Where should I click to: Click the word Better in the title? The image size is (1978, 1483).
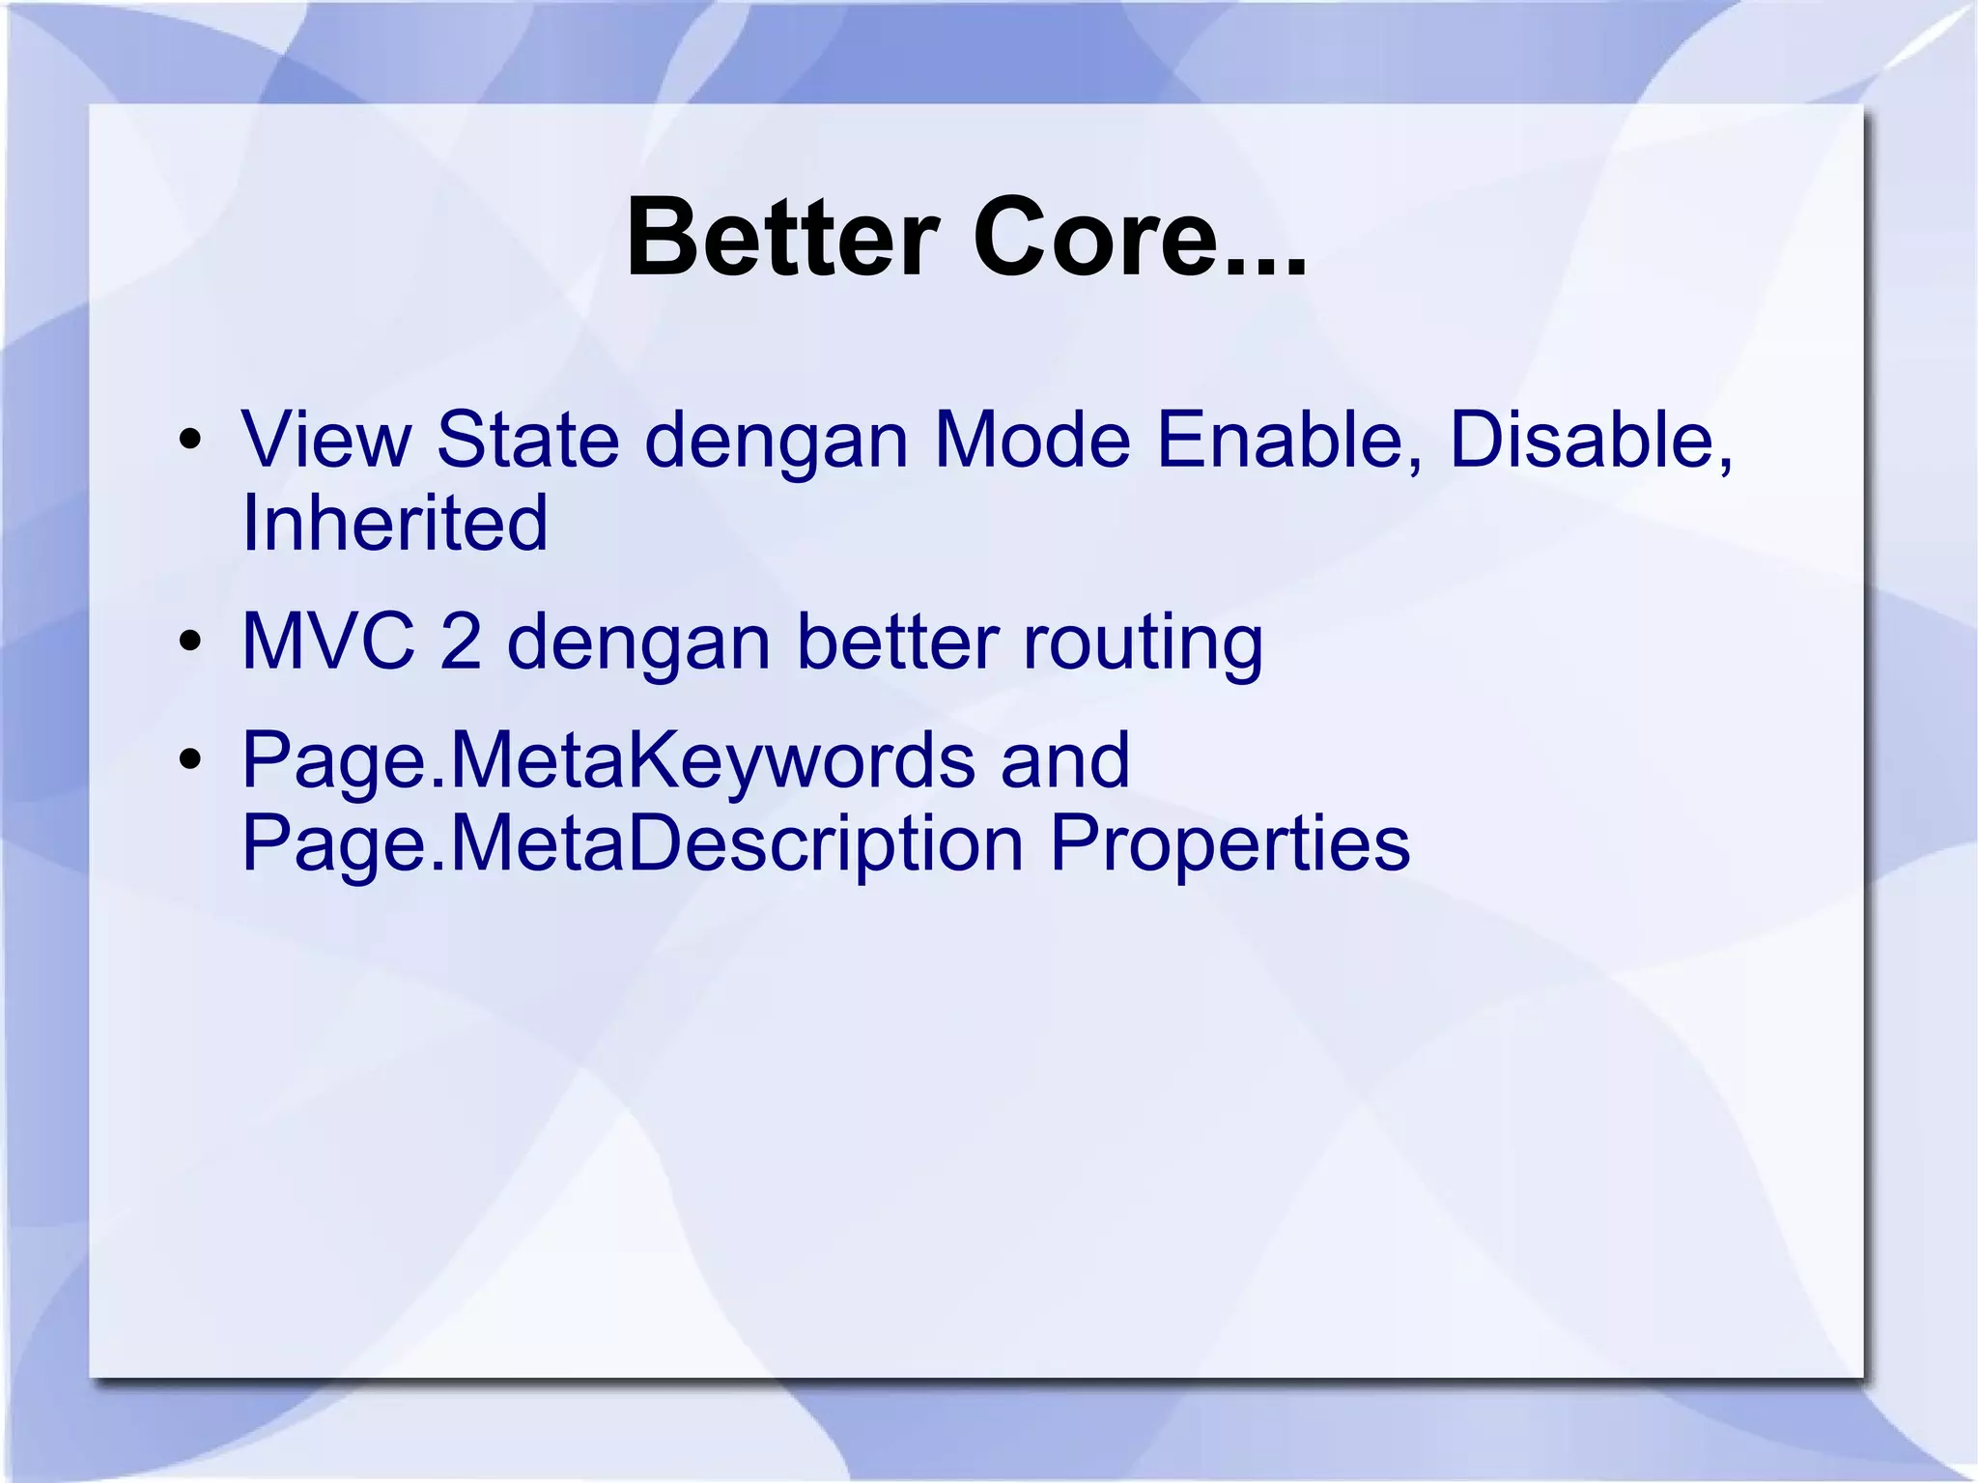point(782,238)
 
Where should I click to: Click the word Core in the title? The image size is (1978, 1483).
point(1091,238)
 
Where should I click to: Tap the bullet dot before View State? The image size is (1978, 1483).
point(190,441)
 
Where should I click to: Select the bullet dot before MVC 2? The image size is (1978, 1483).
point(190,642)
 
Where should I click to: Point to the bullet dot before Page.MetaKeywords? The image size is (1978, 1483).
point(190,760)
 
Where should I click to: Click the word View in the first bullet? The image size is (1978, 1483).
point(325,441)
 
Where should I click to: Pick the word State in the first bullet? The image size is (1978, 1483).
point(527,441)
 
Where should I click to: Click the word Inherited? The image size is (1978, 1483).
point(395,524)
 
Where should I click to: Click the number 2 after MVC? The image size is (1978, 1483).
point(461,642)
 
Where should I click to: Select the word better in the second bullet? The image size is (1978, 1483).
point(897,642)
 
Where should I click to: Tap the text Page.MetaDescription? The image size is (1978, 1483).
point(633,844)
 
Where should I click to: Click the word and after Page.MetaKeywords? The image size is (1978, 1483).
point(1064,760)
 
